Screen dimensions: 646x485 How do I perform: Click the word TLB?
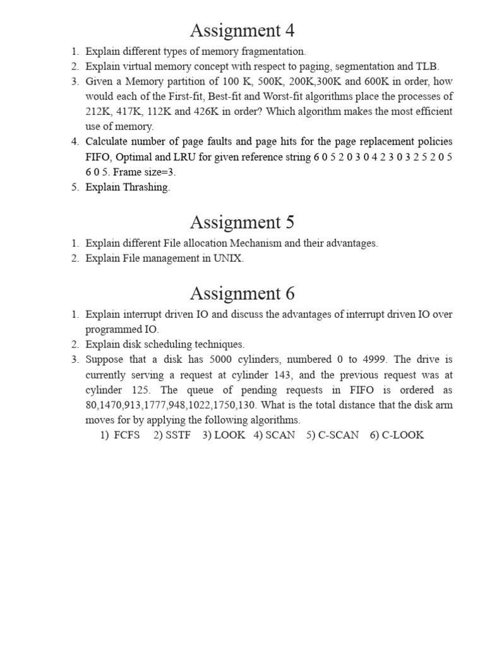[426, 66]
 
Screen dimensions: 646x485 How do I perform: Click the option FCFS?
[127, 435]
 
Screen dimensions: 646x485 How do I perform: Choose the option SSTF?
[177, 435]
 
